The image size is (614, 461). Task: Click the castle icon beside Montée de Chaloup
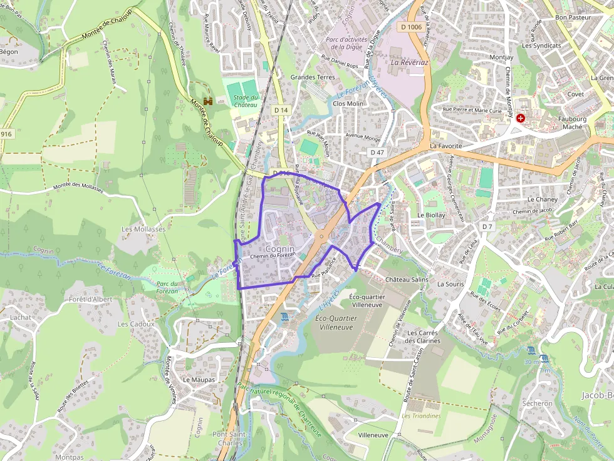pos(208,101)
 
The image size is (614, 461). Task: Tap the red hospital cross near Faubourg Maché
pos(521,118)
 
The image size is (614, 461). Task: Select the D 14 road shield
pos(282,110)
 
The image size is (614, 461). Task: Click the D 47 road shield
pos(377,152)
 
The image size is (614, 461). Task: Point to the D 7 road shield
pos(488,226)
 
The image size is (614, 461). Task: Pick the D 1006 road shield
pos(410,26)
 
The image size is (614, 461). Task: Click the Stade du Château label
pos(246,101)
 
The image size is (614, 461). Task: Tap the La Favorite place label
pos(445,146)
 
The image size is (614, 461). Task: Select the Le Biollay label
pos(431,215)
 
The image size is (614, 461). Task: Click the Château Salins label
pos(407,279)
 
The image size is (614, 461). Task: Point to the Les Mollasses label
pos(143,229)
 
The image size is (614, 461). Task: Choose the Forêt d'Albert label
pos(91,299)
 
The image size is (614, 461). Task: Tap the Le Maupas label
pos(199,380)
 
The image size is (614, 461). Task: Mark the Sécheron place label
pos(537,403)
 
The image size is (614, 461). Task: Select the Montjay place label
pos(501,57)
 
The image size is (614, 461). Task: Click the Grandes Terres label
pos(312,78)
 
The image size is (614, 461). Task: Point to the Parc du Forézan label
pos(167,287)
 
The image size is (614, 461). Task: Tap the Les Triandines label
pos(421,416)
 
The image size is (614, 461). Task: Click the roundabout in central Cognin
pos(321,236)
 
